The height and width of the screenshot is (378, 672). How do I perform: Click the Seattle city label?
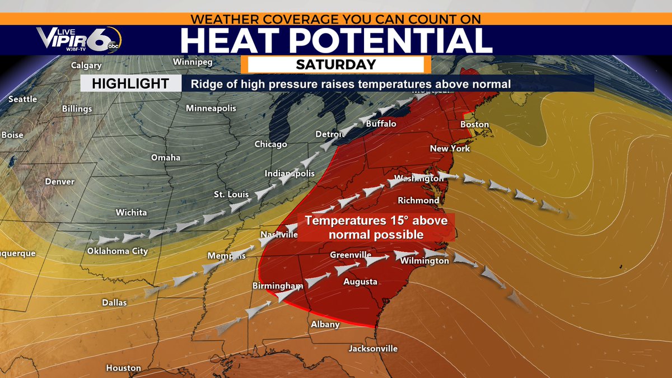coord(22,99)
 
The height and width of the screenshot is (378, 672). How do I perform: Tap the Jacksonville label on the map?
coord(373,348)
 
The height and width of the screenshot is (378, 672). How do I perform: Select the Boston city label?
coord(474,124)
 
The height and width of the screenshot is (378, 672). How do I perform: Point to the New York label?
coord(450,148)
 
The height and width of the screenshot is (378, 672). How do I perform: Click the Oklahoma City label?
coord(118,251)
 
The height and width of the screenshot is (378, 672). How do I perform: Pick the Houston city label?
coord(123,368)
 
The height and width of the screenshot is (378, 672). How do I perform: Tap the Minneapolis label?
coord(211,108)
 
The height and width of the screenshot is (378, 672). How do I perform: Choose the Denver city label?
coord(59,181)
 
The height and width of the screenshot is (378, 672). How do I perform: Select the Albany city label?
coord(325,324)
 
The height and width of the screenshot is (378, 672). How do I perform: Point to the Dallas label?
coord(114,302)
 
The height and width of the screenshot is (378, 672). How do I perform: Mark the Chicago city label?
coord(271,144)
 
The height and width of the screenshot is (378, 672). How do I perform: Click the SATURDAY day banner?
coord(336,64)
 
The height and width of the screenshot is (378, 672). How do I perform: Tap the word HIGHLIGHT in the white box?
coord(130,84)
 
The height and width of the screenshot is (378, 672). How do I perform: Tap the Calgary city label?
coord(86,66)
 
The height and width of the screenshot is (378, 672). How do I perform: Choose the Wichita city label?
coord(131,212)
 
